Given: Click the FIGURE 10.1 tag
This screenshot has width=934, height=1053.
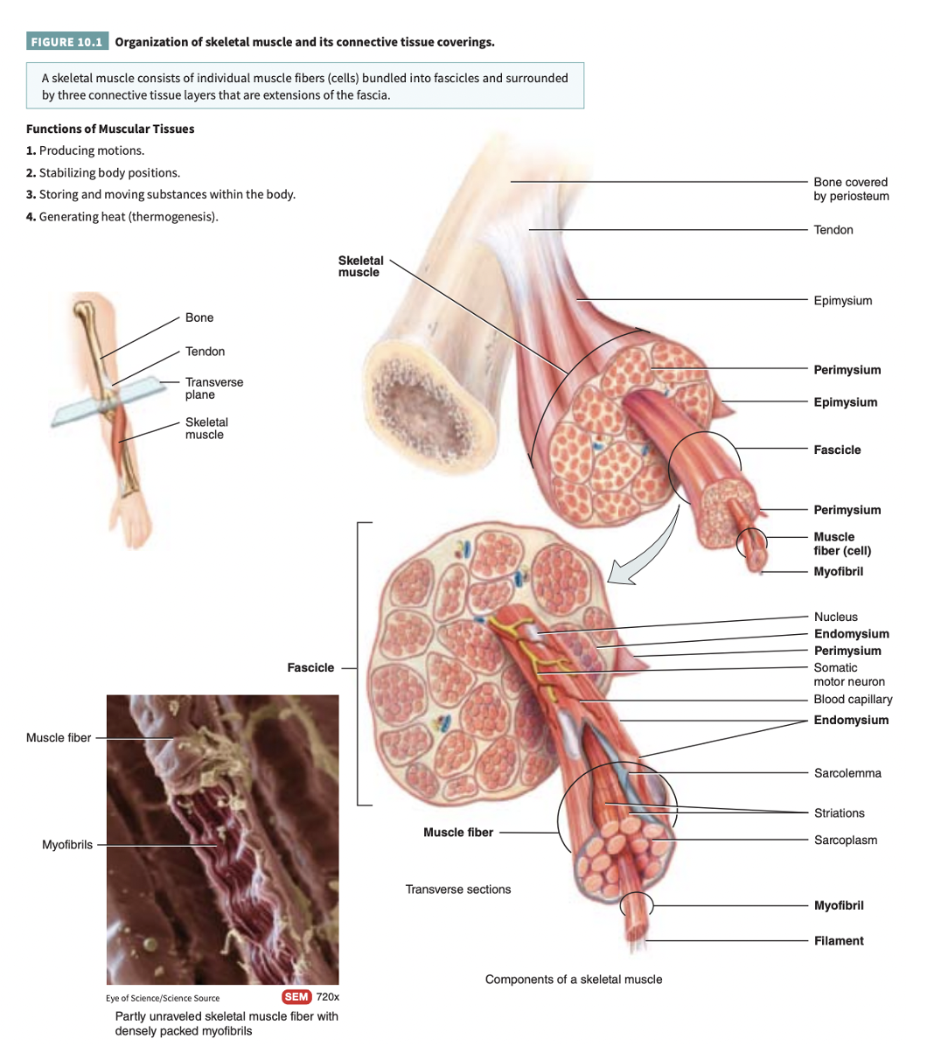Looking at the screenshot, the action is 66,42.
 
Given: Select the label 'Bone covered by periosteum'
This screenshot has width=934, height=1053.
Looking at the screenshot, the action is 850,189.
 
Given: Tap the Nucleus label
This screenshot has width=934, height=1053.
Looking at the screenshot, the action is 835,617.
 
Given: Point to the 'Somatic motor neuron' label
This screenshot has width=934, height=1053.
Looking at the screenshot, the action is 848,674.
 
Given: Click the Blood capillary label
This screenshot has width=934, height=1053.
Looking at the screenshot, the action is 853,699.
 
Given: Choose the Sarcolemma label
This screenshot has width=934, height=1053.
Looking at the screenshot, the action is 847,773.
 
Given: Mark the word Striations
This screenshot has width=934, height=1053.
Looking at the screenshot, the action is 839,812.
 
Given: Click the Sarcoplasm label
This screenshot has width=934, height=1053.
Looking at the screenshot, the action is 845,840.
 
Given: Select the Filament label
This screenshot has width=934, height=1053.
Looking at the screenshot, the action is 838,940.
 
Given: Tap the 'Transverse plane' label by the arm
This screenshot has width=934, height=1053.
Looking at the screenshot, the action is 213,388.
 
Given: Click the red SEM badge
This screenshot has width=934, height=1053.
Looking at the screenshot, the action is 296,997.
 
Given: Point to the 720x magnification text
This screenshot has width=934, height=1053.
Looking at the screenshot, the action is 327,997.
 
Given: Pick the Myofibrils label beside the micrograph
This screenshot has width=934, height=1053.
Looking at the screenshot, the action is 67,845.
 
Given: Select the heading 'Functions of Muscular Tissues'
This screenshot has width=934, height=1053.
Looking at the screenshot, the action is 110,129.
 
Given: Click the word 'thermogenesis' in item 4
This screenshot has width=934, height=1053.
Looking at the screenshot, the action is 172,216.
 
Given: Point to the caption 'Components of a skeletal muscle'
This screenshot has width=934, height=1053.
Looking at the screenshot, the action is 573,979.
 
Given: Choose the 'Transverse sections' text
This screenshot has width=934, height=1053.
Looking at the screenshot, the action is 457,889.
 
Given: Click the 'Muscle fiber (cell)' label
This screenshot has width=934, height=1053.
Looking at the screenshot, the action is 841,543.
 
